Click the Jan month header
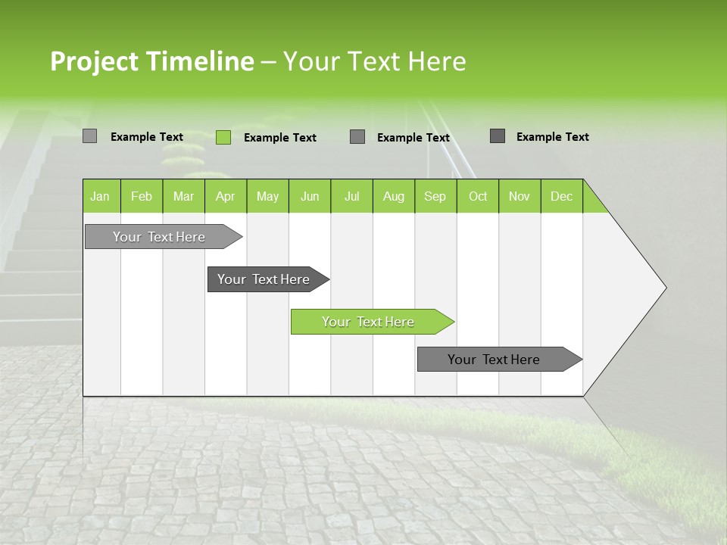[101, 196]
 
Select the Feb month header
[142, 196]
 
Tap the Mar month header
[183, 196]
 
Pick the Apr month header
[226, 196]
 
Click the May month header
[267, 196]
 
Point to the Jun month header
[310, 196]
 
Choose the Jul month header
[351, 196]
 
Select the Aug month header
[394, 196]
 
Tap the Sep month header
[435, 196]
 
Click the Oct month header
[478, 196]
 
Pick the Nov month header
[520, 196]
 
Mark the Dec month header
[562, 196]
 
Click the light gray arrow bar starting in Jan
[160, 237]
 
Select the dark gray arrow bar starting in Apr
[264, 279]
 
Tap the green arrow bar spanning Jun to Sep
[369, 322]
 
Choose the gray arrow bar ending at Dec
[495, 360]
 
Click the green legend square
[223, 137]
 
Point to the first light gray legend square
[90, 136]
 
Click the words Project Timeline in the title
[152, 61]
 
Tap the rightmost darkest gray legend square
[498, 136]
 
